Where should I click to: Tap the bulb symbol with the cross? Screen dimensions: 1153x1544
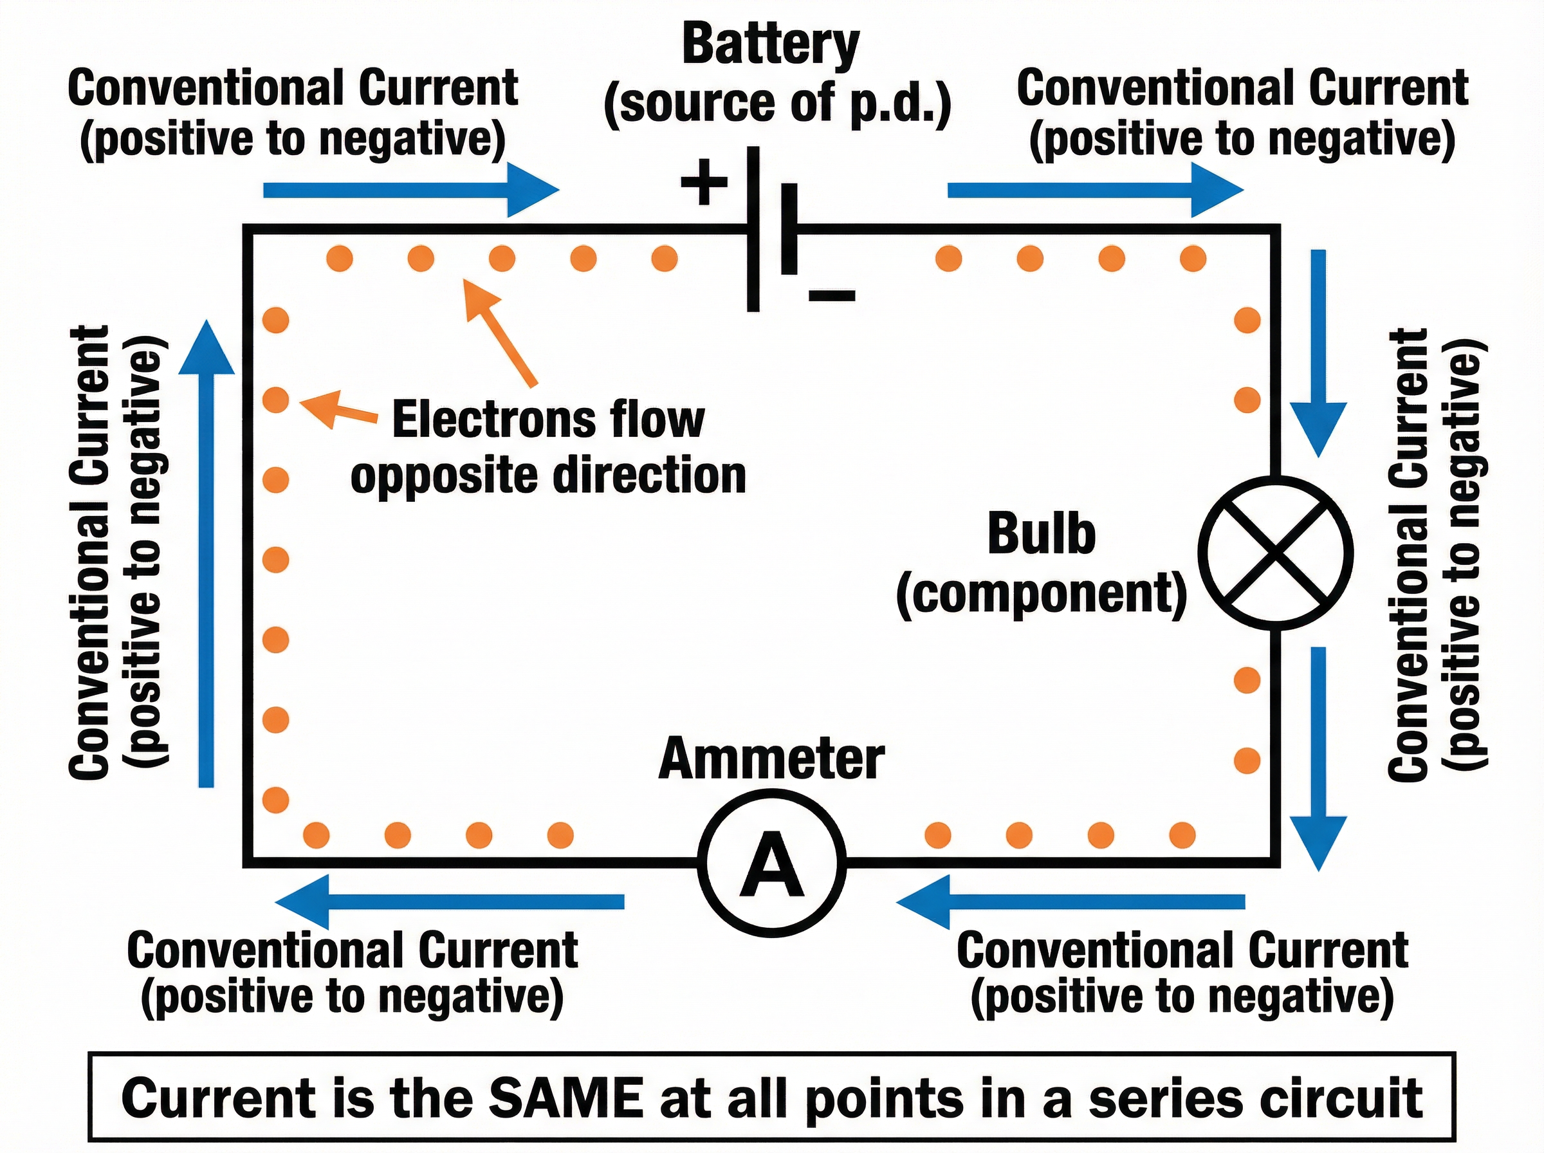[x=1275, y=553]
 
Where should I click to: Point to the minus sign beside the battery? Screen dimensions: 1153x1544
[x=832, y=296]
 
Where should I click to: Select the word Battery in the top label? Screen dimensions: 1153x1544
[x=770, y=46]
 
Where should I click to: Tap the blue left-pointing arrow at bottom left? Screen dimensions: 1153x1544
[x=450, y=901]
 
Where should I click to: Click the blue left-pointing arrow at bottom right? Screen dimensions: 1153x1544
[x=1071, y=901]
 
